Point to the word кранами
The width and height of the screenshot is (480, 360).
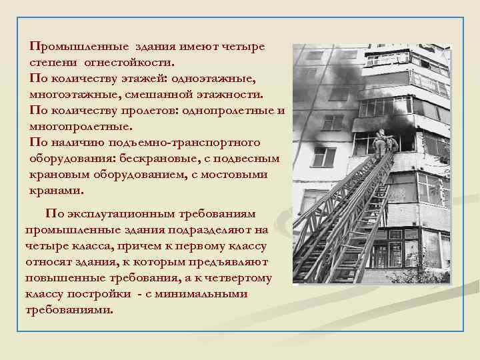coord(57,190)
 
